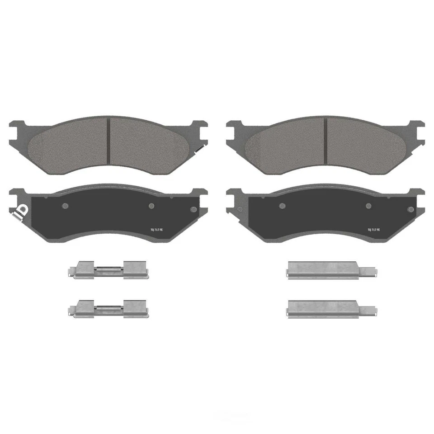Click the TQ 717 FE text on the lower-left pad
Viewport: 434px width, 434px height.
click(x=156, y=230)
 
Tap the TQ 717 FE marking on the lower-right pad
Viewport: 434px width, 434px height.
click(x=373, y=230)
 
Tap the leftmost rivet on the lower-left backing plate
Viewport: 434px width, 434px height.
click(x=65, y=206)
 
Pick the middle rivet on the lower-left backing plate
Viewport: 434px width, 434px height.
click(x=151, y=206)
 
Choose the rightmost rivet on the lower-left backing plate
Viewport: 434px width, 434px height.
click(x=194, y=209)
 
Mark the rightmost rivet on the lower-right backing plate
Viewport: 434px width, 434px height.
click(x=410, y=209)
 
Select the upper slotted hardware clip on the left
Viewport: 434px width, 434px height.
click(x=108, y=270)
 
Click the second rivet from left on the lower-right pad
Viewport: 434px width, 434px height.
click(x=282, y=206)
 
